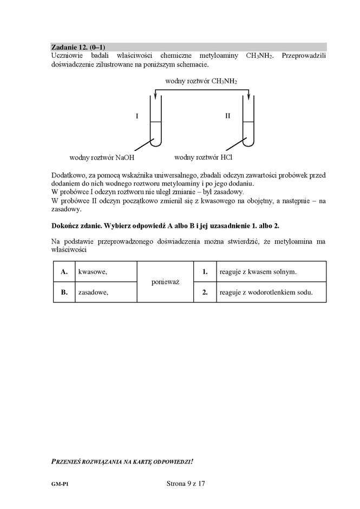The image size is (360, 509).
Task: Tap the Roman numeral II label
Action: [x=228, y=116]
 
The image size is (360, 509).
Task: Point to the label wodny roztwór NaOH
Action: [x=101, y=158]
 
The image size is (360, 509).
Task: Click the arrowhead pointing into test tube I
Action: [x=156, y=96]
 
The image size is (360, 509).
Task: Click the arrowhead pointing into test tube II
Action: [x=248, y=96]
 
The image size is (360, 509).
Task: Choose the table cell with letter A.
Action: [x=64, y=272]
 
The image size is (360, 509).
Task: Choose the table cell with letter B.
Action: [x=64, y=292]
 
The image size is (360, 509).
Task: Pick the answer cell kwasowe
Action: [x=106, y=272]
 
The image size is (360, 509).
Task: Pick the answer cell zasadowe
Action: [x=106, y=292]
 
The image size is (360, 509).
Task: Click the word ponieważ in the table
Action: [x=165, y=282]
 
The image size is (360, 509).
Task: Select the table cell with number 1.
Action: [x=205, y=272]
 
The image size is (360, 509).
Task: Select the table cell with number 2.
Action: [x=205, y=292]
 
